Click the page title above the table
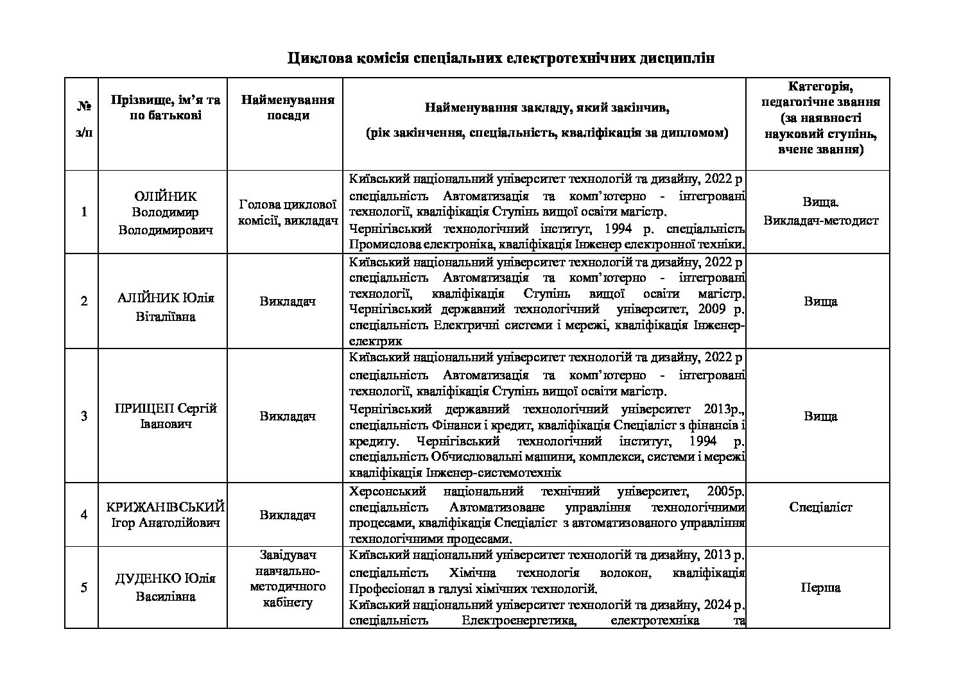(x=501, y=58)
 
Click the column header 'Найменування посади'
(x=288, y=108)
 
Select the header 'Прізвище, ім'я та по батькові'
(x=166, y=108)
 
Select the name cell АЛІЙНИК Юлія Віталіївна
(x=166, y=307)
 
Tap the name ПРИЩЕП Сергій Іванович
(x=166, y=416)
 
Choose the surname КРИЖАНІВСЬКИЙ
(x=166, y=507)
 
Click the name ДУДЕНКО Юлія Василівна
(x=166, y=587)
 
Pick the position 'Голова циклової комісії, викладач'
(x=288, y=212)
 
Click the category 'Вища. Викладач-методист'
(x=820, y=212)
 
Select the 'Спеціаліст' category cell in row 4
(x=820, y=507)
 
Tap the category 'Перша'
(x=820, y=587)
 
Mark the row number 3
(x=84, y=416)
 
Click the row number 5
(x=84, y=587)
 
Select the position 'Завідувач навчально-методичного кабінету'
(x=288, y=578)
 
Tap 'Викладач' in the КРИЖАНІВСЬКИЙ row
(x=288, y=515)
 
